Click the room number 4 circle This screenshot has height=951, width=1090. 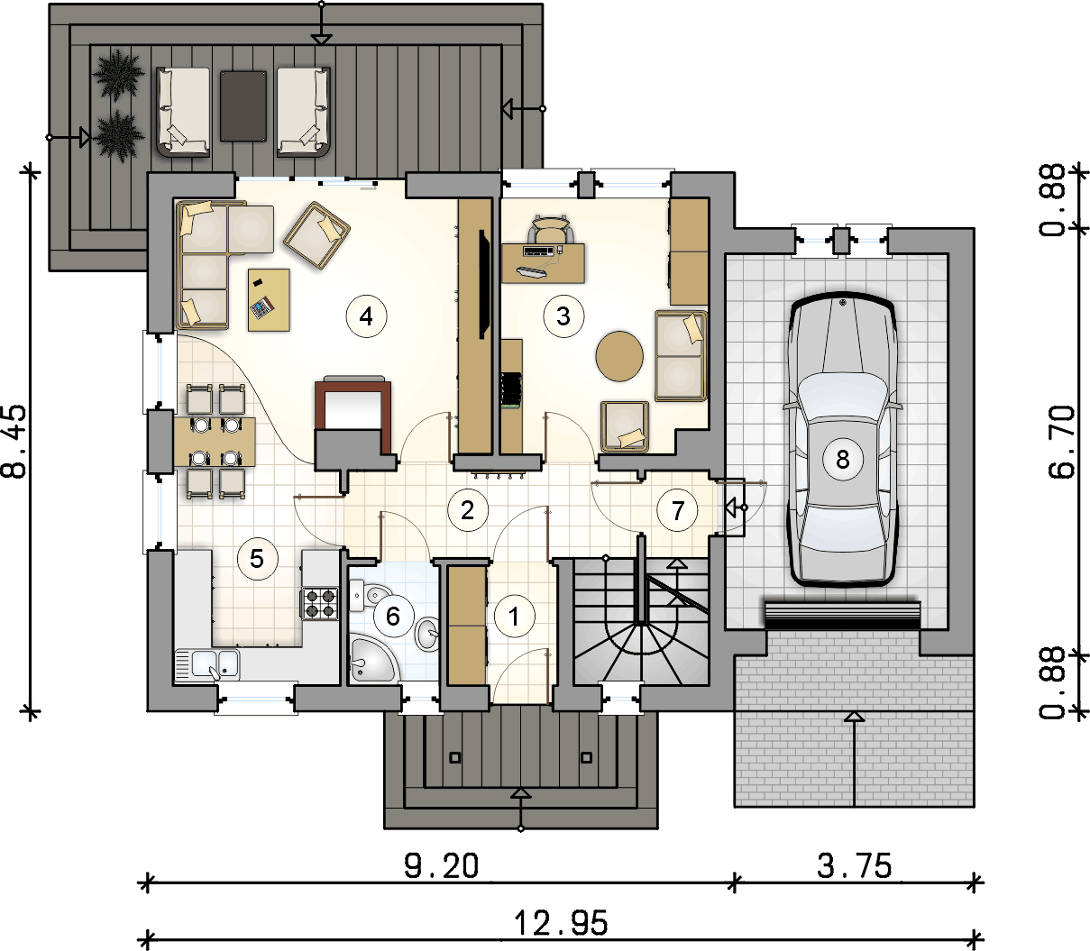366,316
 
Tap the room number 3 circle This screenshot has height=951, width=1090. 563,316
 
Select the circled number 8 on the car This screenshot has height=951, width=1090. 842,459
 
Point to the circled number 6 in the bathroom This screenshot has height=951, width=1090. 393,617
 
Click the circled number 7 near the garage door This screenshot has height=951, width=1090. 678,510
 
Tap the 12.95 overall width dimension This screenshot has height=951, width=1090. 561,923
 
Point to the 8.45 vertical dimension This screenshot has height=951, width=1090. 14,441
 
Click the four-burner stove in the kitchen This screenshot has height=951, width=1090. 320,603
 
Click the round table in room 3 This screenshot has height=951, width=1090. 619,356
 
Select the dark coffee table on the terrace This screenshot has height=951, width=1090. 243,106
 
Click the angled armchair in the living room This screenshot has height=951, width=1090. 317,234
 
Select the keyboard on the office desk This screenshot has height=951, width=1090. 539,250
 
